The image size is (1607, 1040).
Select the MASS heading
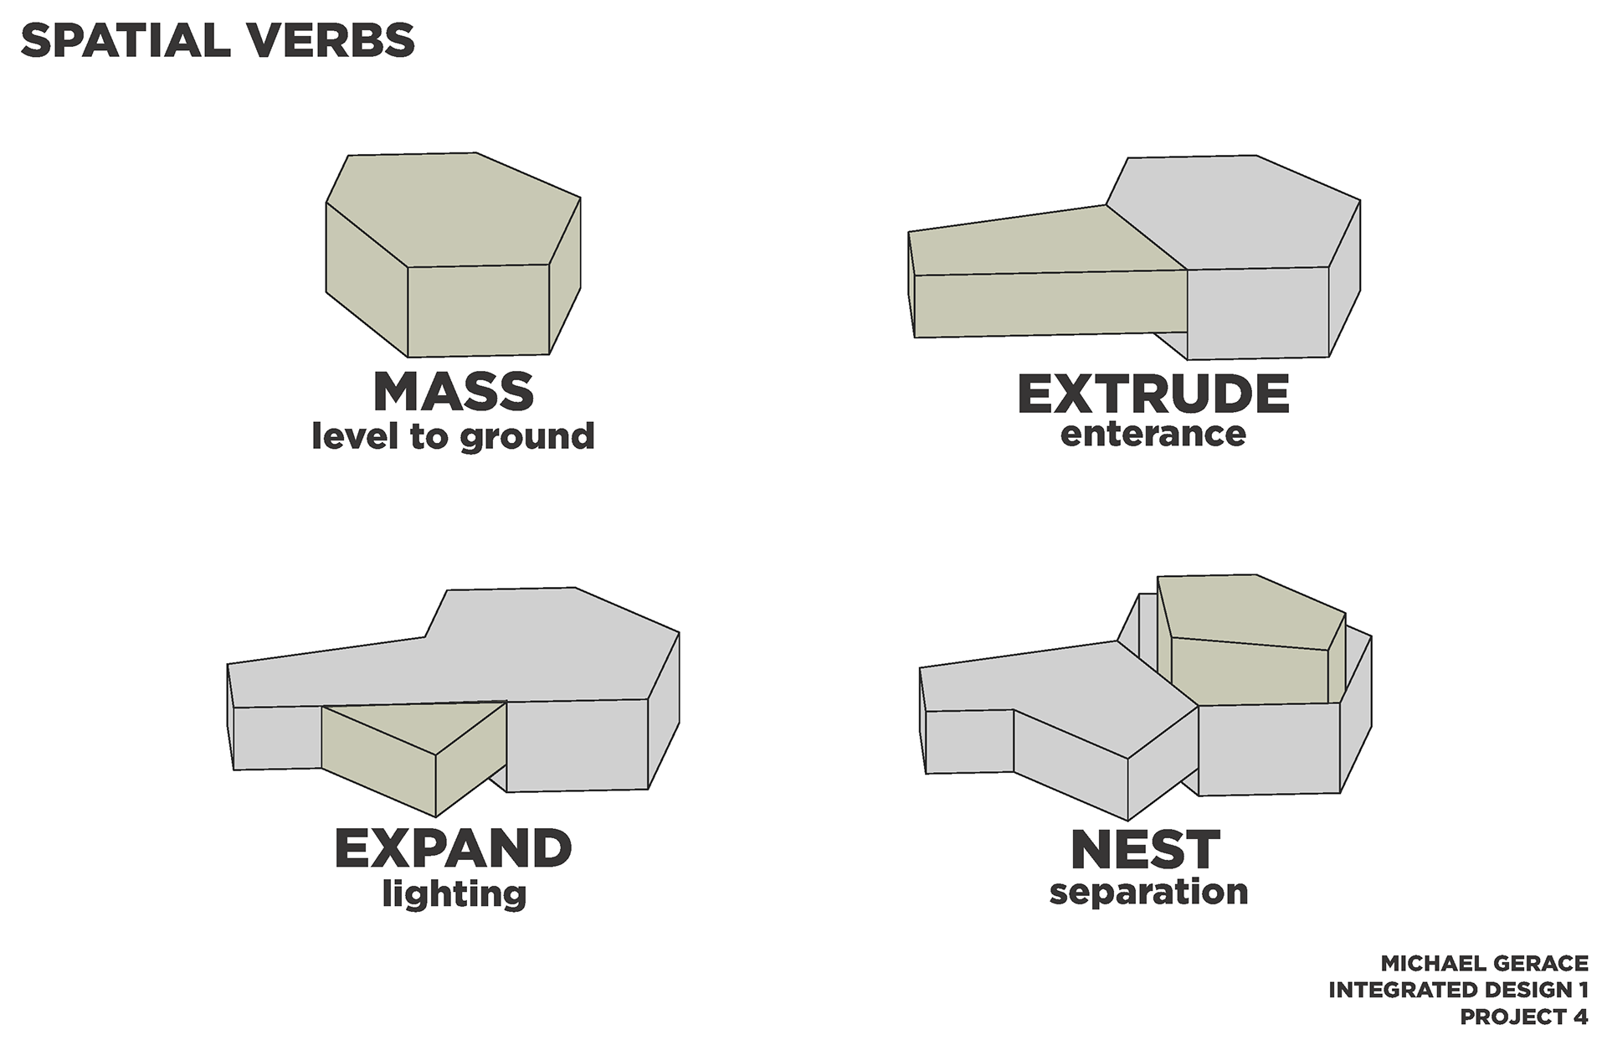point(453,391)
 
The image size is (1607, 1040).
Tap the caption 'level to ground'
point(453,436)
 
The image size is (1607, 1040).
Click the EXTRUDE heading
point(1153,394)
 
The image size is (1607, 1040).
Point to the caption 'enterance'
point(1153,434)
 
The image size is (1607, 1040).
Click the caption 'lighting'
point(454,893)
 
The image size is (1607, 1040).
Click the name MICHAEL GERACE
point(1484,963)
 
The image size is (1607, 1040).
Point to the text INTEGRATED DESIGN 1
point(1458,990)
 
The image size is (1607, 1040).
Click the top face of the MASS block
point(452,209)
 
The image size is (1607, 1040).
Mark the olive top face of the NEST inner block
point(1251,611)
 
